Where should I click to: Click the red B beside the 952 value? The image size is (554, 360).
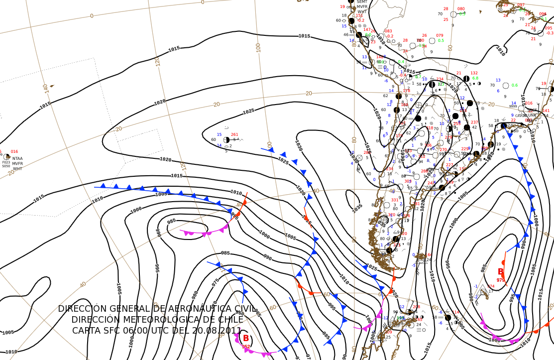[245, 339]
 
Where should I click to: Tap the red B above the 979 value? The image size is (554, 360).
[501, 272]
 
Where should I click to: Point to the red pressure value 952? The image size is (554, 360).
[246, 347]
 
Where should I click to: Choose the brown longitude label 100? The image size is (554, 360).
[258, 48]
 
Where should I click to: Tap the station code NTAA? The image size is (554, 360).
[17, 158]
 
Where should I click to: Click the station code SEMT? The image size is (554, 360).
[362, 1]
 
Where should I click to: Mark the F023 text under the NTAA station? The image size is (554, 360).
[6, 162]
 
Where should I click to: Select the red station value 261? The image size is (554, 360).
[234, 134]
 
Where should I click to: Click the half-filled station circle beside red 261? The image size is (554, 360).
[226, 140]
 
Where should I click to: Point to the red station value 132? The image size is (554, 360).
[474, 73]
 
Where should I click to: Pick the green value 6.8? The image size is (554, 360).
[475, 78]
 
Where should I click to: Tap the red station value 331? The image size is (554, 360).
[395, 200]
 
